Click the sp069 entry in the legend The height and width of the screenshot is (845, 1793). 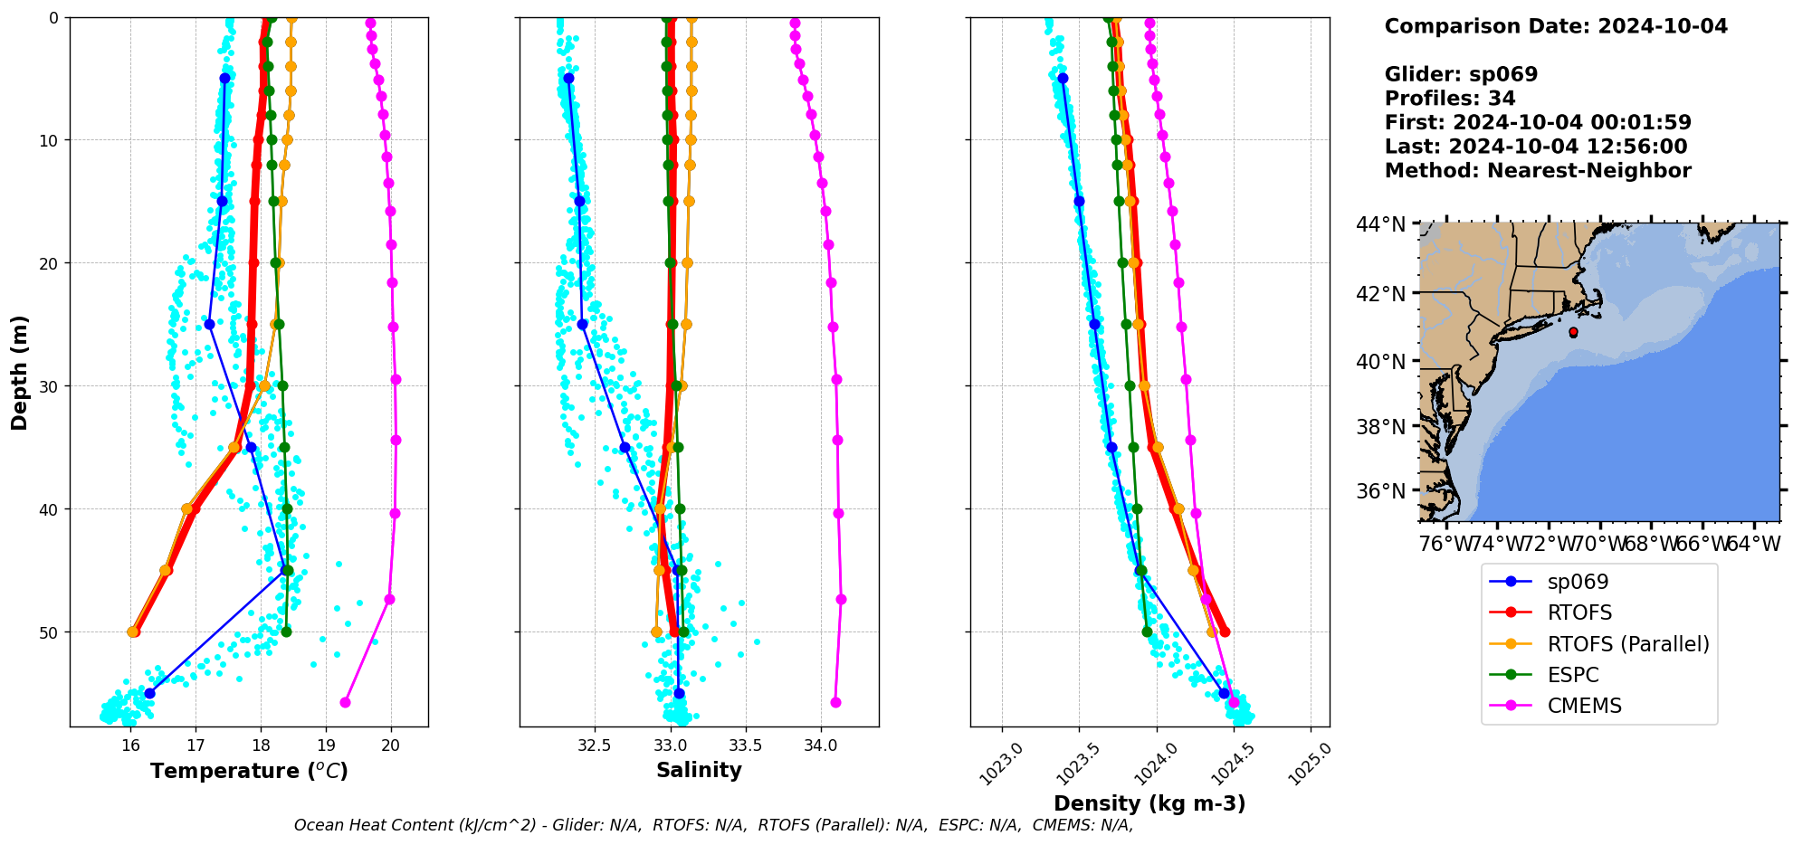[1578, 582]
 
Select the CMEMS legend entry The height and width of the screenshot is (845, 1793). [1584, 706]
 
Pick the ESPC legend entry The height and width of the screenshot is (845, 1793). [1573, 675]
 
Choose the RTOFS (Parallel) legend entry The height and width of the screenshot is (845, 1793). [1627, 643]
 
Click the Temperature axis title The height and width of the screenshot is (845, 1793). [249, 771]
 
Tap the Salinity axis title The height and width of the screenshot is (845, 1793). [699, 770]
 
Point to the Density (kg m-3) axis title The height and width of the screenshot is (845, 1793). [1149, 803]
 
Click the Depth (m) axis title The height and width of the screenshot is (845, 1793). [20, 372]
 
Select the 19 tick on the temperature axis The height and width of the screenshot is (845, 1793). [326, 745]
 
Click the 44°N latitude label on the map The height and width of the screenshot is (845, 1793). [1380, 224]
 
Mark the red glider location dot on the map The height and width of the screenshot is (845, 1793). [1573, 332]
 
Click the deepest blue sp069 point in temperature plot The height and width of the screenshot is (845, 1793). [149, 693]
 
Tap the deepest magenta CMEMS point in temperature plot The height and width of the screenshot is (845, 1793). [345, 702]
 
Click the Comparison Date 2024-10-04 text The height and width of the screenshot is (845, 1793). [1556, 26]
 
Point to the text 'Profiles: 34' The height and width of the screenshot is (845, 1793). [1450, 99]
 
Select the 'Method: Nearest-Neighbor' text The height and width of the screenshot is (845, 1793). [1538, 170]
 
